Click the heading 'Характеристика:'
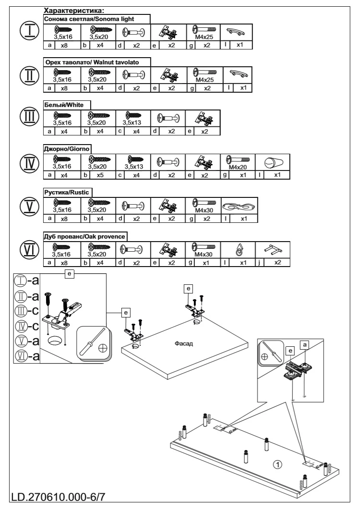[x=74, y=11]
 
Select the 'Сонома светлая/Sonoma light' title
[x=89, y=19]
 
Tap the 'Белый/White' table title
[x=64, y=105]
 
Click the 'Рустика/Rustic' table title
[x=67, y=192]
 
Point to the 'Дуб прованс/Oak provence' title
[x=84, y=236]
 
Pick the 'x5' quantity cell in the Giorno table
[x=100, y=175]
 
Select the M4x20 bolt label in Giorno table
[x=238, y=167]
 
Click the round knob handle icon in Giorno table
[x=273, y=163]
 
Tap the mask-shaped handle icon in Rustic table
[x=239, y=207]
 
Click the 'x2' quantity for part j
[x=277, y=262]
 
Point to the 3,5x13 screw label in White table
[x=132, y=123]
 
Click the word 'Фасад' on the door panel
[x=184, y=343]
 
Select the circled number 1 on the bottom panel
[x=277, y=464]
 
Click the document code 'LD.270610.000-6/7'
[x=59, y=497]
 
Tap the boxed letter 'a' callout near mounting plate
[x=305, y=344]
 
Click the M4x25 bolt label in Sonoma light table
[x=204, y=37]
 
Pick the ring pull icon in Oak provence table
[x=239, y=250]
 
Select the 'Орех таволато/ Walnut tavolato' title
[x=92, y=62]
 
